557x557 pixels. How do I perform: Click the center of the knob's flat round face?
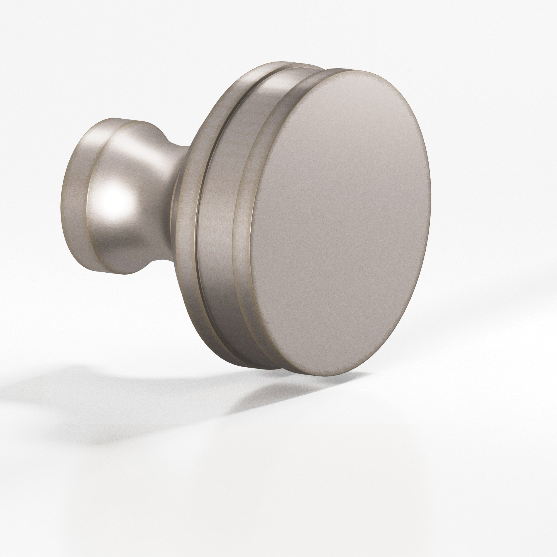(340, 222)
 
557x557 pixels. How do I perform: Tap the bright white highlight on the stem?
(114, 199)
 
